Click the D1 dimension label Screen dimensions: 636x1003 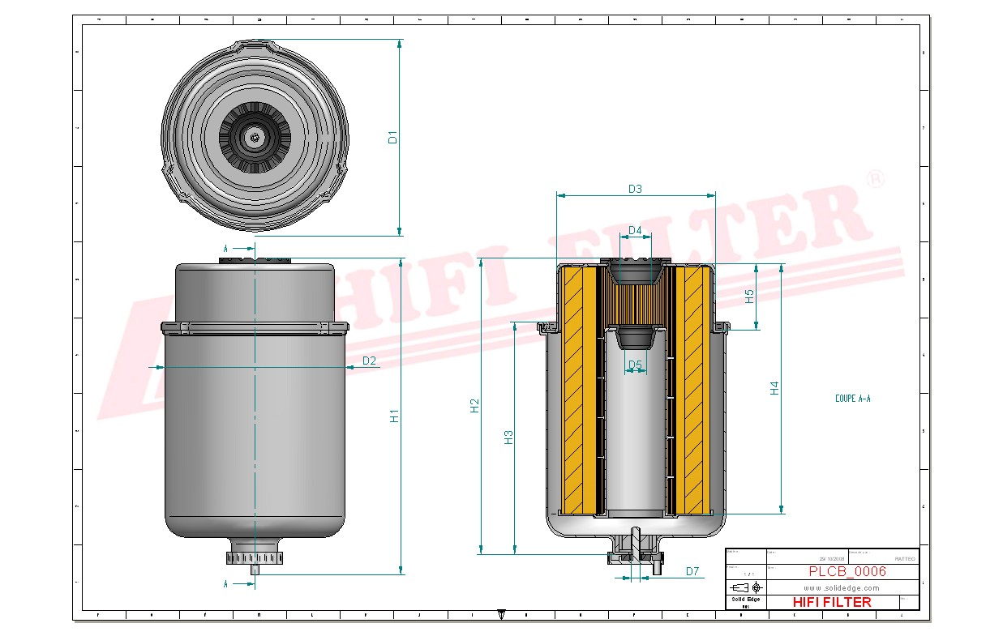click(x=392, y=137)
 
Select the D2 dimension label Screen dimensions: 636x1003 click(x=369, y=361)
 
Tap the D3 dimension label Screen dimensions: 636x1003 click(x=635, y=189)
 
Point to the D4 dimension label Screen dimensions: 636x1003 click(x=635, y=231)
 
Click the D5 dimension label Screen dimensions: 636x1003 click(x=635, y=365)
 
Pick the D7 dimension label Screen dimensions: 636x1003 click(x=692, y=571)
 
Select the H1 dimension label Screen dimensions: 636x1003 click(x=394, y=416)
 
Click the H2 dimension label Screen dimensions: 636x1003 click(x=475, y=406)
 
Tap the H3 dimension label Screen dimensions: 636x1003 click(x=508, y=438)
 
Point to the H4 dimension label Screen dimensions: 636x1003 click(x=774, y=388)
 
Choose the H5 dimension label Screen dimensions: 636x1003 click(x=750, y=297)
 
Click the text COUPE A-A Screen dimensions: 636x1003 click(x=852, y=399)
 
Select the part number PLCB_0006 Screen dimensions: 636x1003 click(x=847, y=571)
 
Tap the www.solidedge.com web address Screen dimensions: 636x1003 click(x=841, y=587)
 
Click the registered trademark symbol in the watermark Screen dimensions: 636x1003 click(x=875, y=180)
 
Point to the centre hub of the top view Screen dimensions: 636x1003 click(x=255, y=138)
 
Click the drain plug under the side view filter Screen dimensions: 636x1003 click(x=255, y=558)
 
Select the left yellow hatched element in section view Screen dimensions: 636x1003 click(x=579, y=390)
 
